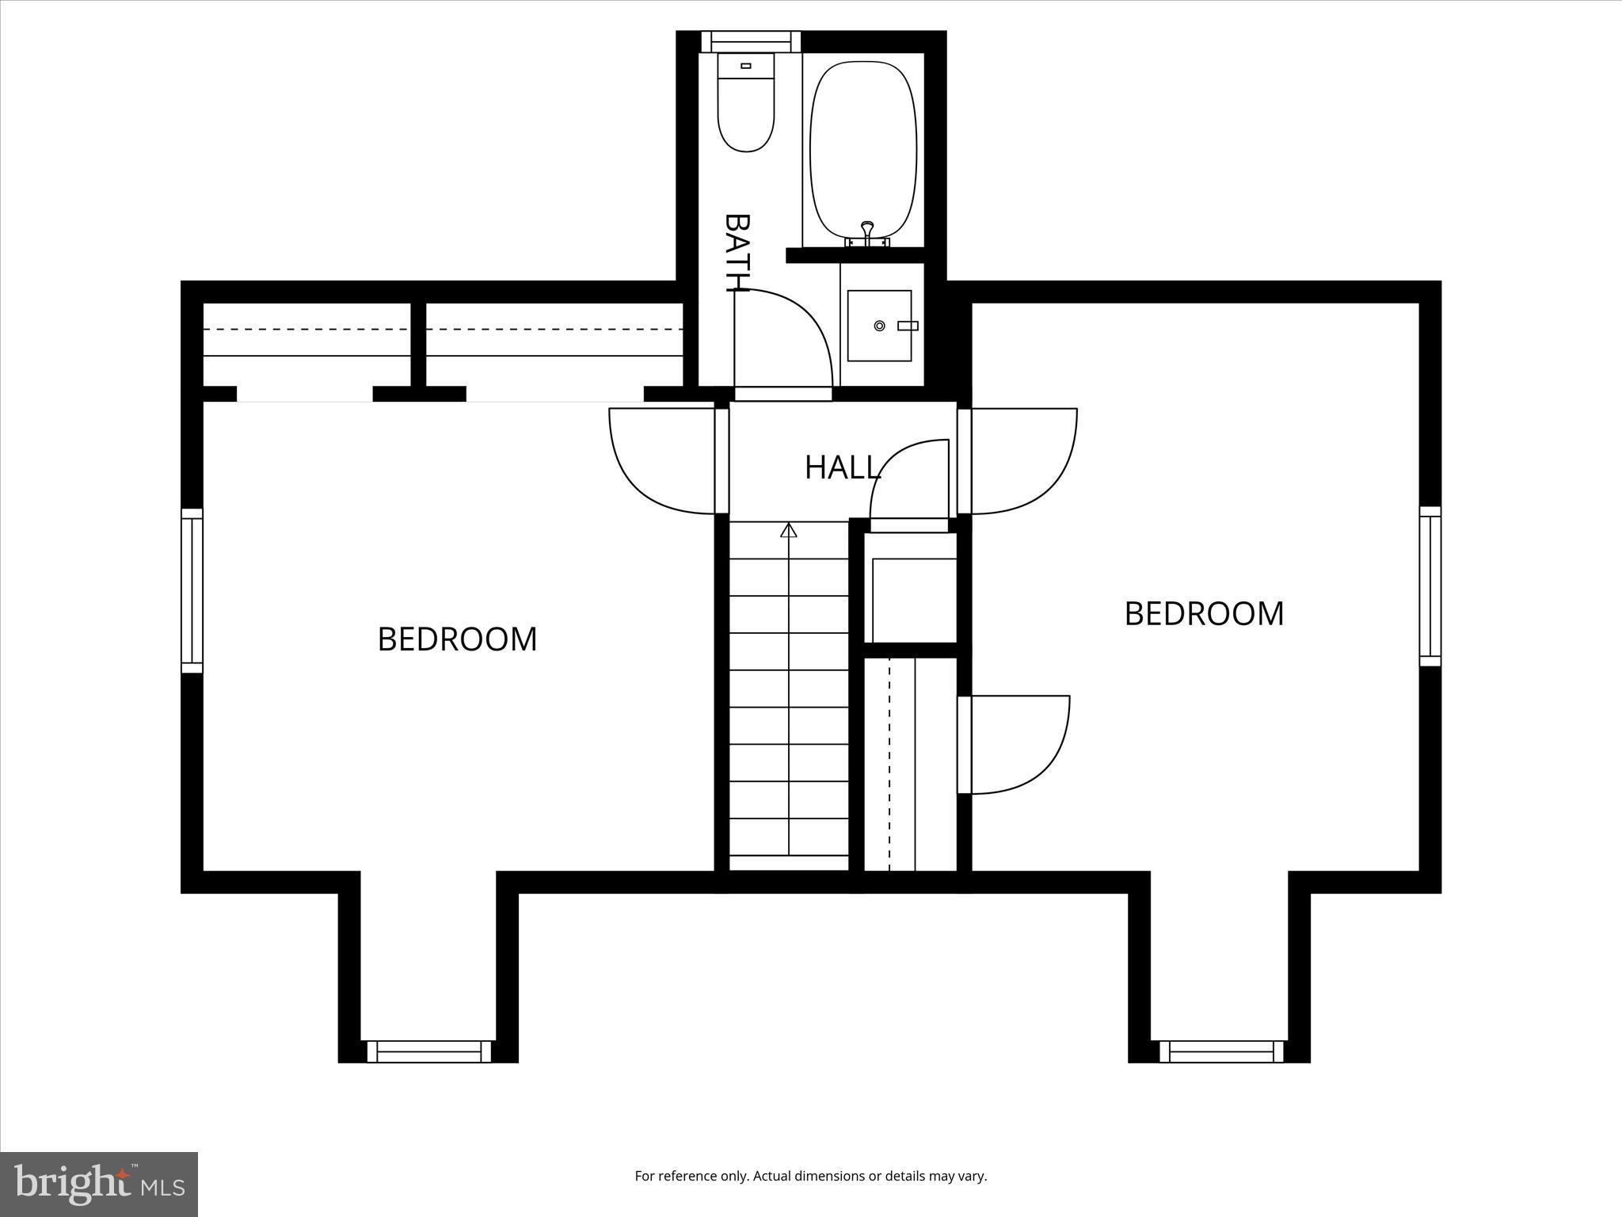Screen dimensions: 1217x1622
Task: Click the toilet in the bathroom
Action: tap(745, 103)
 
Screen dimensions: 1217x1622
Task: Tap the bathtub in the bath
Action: tap(863, 151)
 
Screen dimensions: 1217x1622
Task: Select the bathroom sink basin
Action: tap(879, 326)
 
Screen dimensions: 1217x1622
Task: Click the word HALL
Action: tap(842, 467)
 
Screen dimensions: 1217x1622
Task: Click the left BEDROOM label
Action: tap(457, 639)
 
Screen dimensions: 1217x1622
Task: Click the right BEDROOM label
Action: tap(1204, 614)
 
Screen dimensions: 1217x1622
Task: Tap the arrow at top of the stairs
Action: tap(788, 530)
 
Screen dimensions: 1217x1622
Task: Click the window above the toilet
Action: tap(750, 41)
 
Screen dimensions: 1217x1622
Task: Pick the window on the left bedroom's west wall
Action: tap(192, 590)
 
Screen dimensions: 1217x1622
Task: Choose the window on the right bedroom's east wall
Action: tap(1430, 586)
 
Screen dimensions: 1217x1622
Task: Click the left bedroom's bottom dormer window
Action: tap(428, 1051)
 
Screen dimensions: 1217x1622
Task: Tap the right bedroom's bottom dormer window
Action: tap(1220, 1051)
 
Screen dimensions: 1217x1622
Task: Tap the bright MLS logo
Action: tap(99, 1184)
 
